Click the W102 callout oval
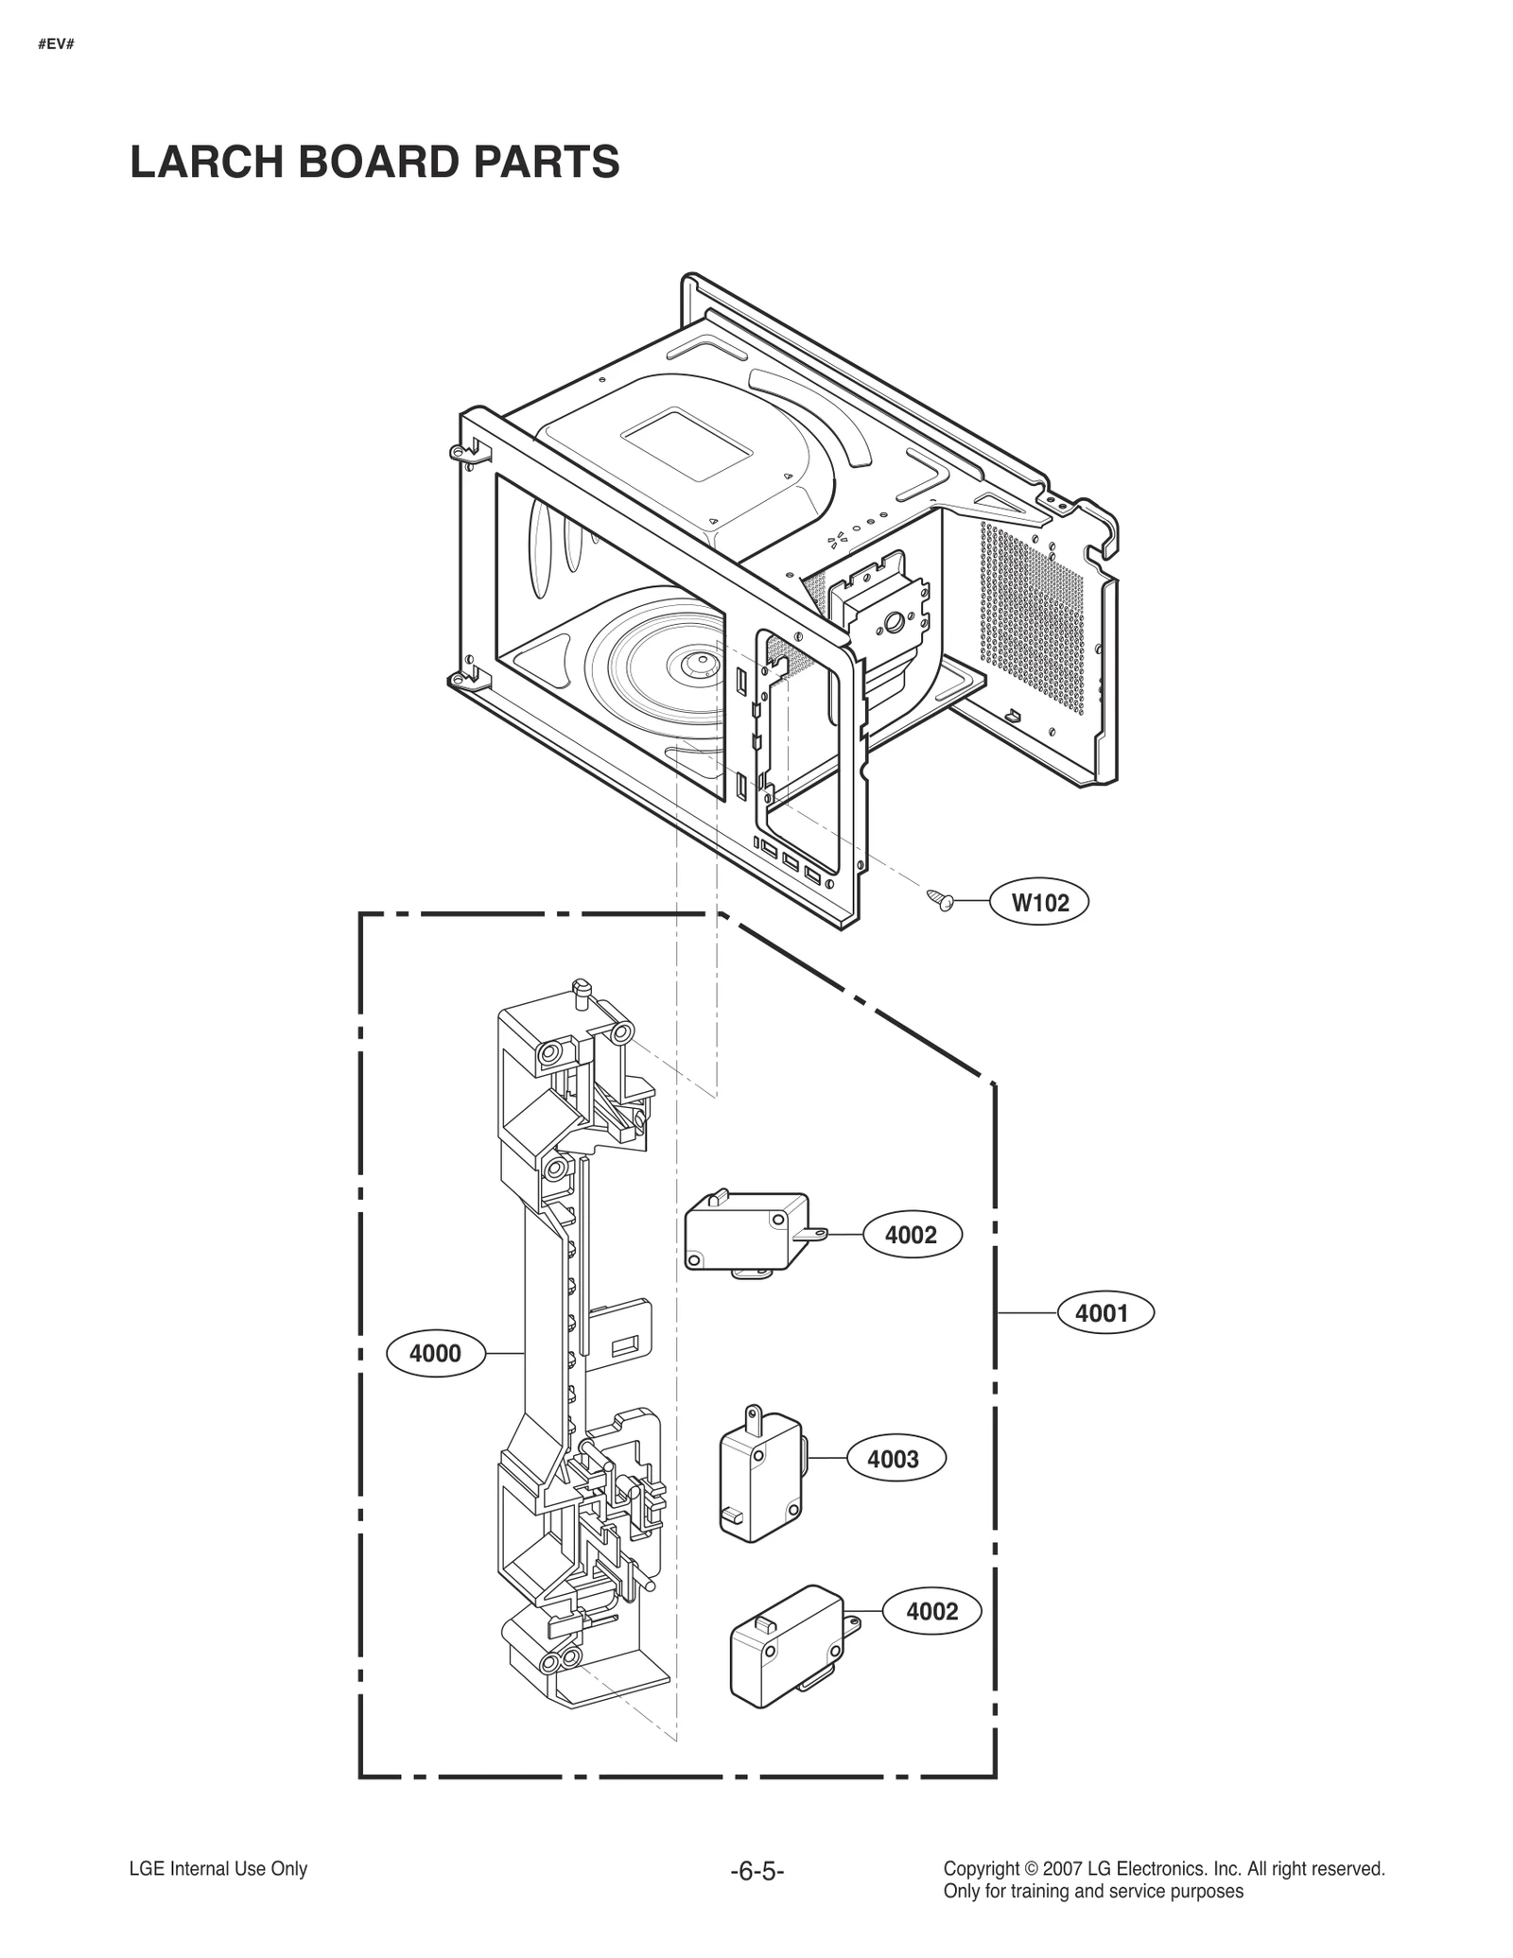(1039, 902)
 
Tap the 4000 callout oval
(435, 1354)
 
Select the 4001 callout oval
(1103, 1313)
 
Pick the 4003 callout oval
(893, 1460)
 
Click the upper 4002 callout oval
(912, 1235)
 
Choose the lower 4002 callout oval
(931, 1612)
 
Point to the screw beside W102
(940, 899)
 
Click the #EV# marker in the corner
(56, 43)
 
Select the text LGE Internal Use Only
(217, 1869)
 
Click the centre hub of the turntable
(701, 665)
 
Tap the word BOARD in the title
(378, 162)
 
